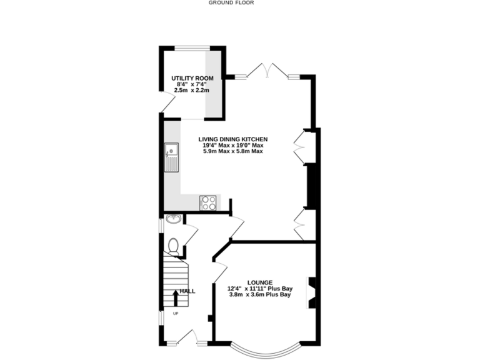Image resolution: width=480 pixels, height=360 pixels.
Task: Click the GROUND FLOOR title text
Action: coord(231,2)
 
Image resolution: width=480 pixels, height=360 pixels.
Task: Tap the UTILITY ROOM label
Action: coord(192,78)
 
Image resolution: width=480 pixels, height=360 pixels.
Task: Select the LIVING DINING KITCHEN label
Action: coord(233,139)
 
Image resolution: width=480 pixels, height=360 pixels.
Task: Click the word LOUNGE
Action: coord(259,282)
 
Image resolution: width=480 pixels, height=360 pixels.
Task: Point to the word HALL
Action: coord(187,291)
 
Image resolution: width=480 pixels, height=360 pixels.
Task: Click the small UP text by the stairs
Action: coord(176,313)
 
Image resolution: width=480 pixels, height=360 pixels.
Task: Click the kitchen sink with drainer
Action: coord(171,157)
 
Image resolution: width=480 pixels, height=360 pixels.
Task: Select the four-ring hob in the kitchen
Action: coord(208,202)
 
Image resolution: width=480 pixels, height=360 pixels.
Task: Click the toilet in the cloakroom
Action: coord(174,246)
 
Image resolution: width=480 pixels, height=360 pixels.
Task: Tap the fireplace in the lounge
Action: coord(311,292)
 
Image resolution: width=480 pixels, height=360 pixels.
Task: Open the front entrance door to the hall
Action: coord(186,339)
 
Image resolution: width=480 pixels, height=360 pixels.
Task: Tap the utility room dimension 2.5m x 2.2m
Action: coord(192,91)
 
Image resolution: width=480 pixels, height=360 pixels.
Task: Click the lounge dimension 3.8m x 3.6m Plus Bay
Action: coord(259,295)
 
